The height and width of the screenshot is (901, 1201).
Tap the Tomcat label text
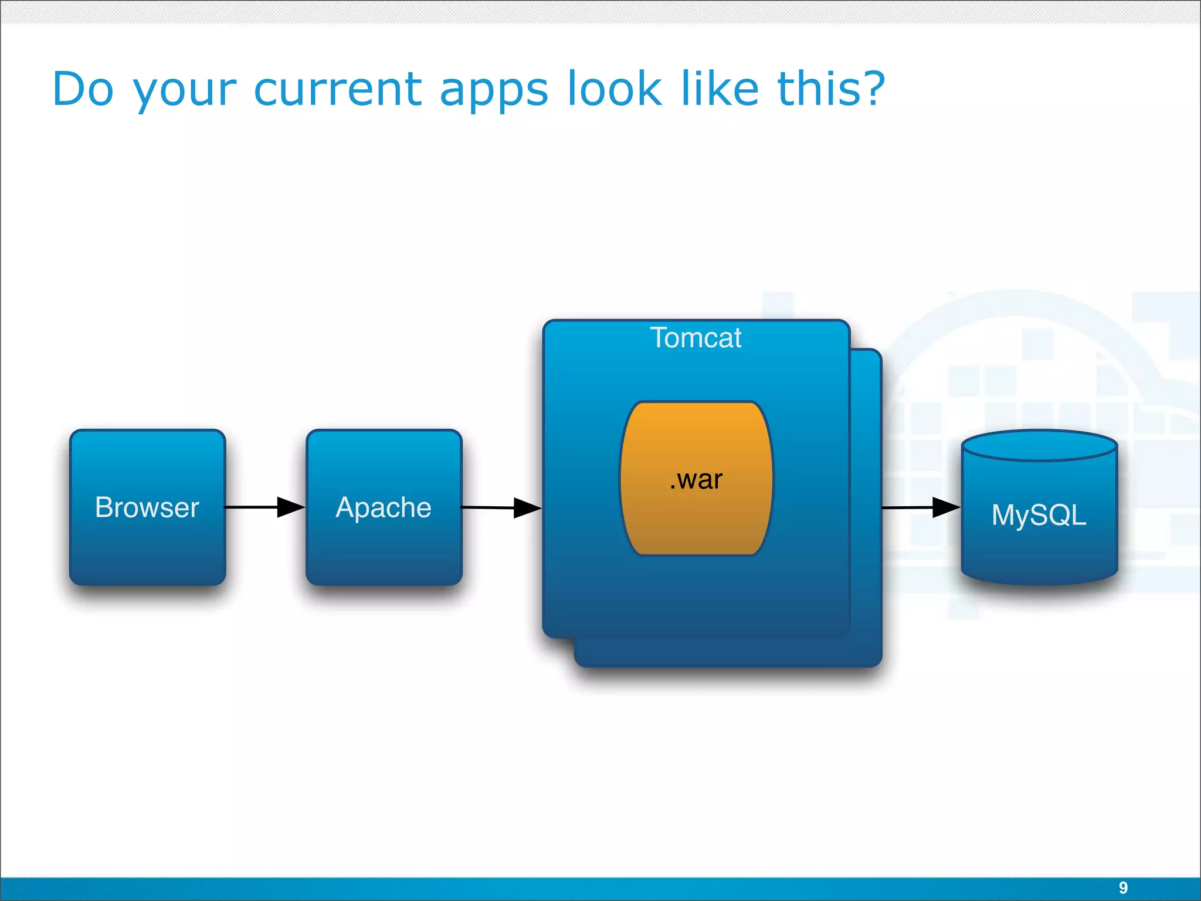click(696, 338)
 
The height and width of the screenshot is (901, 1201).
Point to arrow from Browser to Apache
click(264, 507)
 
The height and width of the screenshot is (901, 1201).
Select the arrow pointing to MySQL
click(921, 507)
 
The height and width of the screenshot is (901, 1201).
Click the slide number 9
click(1123, 888)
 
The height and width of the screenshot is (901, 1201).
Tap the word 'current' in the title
click(337, 89)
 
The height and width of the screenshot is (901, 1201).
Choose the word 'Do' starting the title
click(83, 89)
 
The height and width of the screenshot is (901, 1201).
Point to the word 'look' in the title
click(614, 89)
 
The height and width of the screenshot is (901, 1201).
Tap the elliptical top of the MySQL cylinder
click(1039, 446)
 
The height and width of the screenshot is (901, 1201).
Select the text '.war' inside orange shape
click(696, 480)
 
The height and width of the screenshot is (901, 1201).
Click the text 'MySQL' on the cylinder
click(1039, 516)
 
